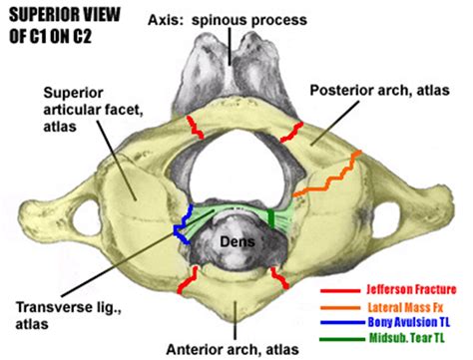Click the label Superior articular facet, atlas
81,108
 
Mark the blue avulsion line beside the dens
186,225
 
